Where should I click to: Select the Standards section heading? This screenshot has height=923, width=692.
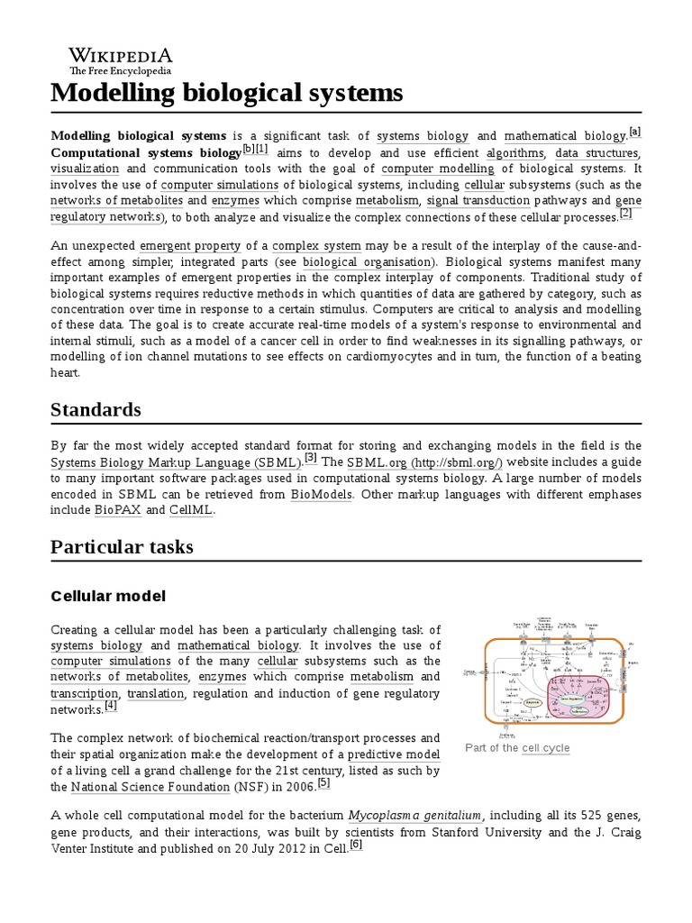pos(96,409)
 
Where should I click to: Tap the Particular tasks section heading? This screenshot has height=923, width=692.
pos(122,547)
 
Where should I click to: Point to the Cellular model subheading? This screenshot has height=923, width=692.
pos(108,596)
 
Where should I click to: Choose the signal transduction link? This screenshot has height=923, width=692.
pos(472,200)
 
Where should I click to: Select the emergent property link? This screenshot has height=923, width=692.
pos(189,245)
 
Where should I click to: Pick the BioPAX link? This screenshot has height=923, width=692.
pos(117,510)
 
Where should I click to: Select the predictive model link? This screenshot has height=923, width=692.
pos(394,754)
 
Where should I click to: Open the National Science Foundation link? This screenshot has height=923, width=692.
pos(165,786)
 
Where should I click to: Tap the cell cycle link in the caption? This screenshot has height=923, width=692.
pos(545,748)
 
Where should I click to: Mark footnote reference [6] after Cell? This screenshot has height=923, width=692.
pos(355,845)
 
